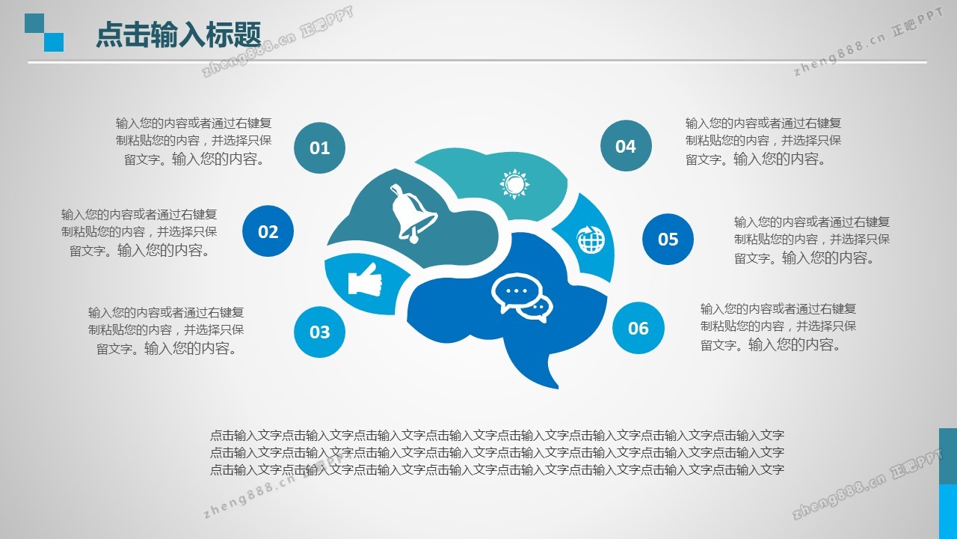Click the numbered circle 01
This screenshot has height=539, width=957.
pos(319,147)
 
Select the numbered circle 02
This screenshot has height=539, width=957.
pos(268,231)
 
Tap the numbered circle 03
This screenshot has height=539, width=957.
pos(319,332)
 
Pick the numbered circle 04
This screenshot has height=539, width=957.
pos(626,146)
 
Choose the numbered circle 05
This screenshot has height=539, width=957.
pos(668,239)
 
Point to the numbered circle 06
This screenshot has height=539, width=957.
pos(638,328)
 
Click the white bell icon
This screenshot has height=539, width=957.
pos(412,214)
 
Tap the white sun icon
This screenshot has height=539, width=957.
pos(514,184)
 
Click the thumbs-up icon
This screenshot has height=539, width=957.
pos(364,279)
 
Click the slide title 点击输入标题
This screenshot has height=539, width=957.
pos(178,34)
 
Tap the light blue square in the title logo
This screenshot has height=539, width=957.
pos(54,42)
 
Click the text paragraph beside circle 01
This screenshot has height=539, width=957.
pos(194,141)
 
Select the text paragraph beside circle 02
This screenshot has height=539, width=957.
pos(139,232)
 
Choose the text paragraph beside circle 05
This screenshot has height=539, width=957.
pos(812,240)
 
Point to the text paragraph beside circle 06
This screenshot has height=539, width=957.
pos(778,327)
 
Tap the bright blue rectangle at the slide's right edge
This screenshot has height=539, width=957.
pos(948,511)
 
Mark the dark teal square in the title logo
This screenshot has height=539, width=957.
pos(34,23)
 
